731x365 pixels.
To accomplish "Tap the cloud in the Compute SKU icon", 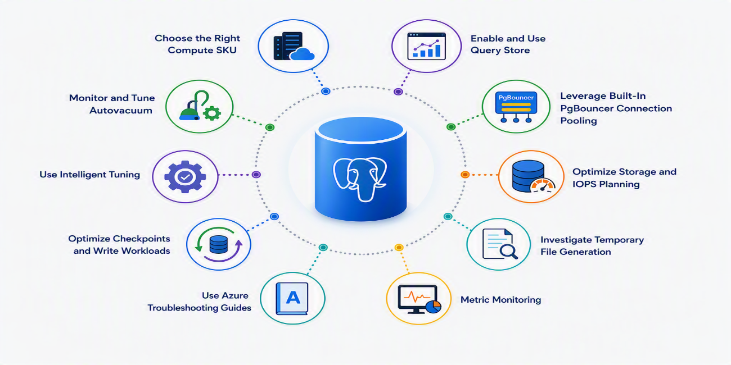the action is coord(302,54).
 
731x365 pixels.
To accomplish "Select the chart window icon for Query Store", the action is coord(427,46).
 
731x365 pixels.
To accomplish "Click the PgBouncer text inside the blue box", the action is coord(516,98).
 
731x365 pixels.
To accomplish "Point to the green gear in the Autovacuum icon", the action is coord(212,113).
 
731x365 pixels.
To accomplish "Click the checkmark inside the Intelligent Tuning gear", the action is coord(185,177).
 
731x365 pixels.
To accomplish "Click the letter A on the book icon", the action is coord(293,297).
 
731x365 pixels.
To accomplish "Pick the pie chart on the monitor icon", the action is coord(434,307).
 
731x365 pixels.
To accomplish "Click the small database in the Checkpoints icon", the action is coord(218,244).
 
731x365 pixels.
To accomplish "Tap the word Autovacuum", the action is coord(121,111).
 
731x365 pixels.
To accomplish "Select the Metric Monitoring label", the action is coord(500,300).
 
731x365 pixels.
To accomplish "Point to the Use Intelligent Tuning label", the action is coord(90,175).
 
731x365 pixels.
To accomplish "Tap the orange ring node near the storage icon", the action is coord(465,175).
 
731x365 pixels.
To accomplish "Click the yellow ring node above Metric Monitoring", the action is coord(399,247).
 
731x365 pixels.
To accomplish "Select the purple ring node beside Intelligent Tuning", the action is coord(256,175).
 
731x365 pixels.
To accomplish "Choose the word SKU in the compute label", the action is coord(225,50).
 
